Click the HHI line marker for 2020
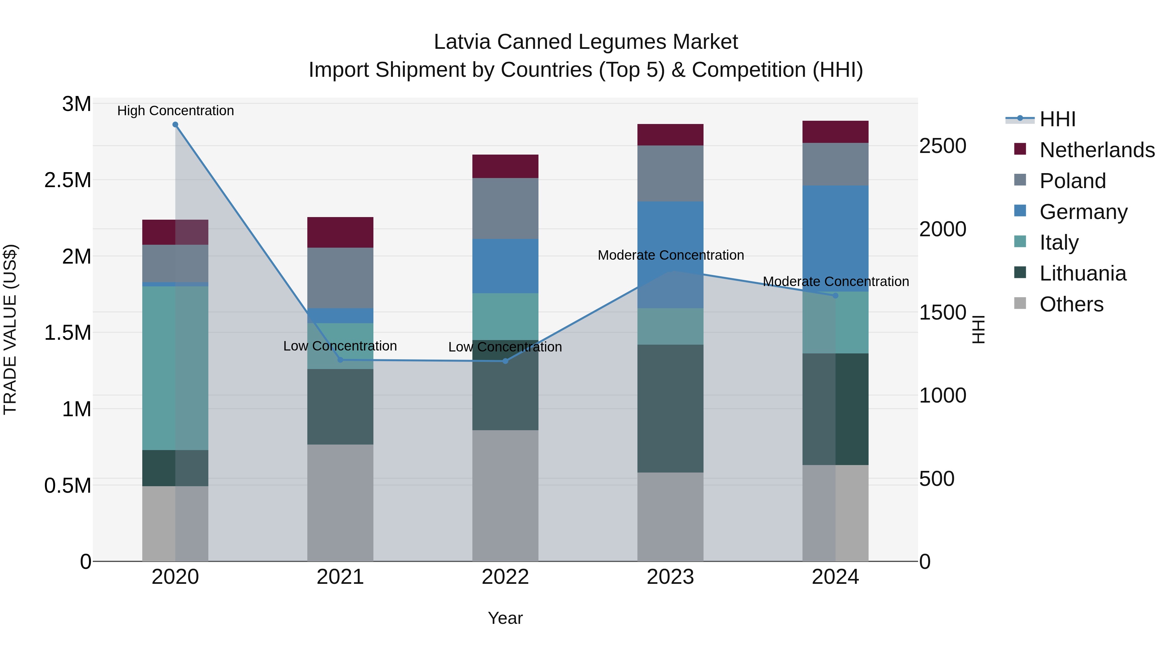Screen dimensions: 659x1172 pos(175,125)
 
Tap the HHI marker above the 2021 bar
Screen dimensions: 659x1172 pos(340,360)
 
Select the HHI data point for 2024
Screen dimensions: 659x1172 pos(835,295)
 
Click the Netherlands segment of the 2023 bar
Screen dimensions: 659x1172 pos(670,135)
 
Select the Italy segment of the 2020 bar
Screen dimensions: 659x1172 pos(175,368)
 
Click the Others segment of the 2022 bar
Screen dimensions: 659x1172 pos(505,495)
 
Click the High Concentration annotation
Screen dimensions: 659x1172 pos(175,111)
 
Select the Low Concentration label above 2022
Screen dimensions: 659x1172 pos(505,347)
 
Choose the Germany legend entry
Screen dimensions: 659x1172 pos(1083,212)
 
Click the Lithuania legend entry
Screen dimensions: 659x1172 pos(1082,273)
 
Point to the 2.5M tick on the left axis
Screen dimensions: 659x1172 pos(67,180)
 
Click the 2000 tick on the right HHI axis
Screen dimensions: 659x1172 pos(943,229)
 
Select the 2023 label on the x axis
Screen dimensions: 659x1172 pos(670,577)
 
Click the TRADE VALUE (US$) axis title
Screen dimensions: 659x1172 pos(10,329)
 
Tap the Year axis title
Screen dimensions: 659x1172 pos(505,618)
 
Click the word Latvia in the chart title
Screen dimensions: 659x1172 pos(463,42)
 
